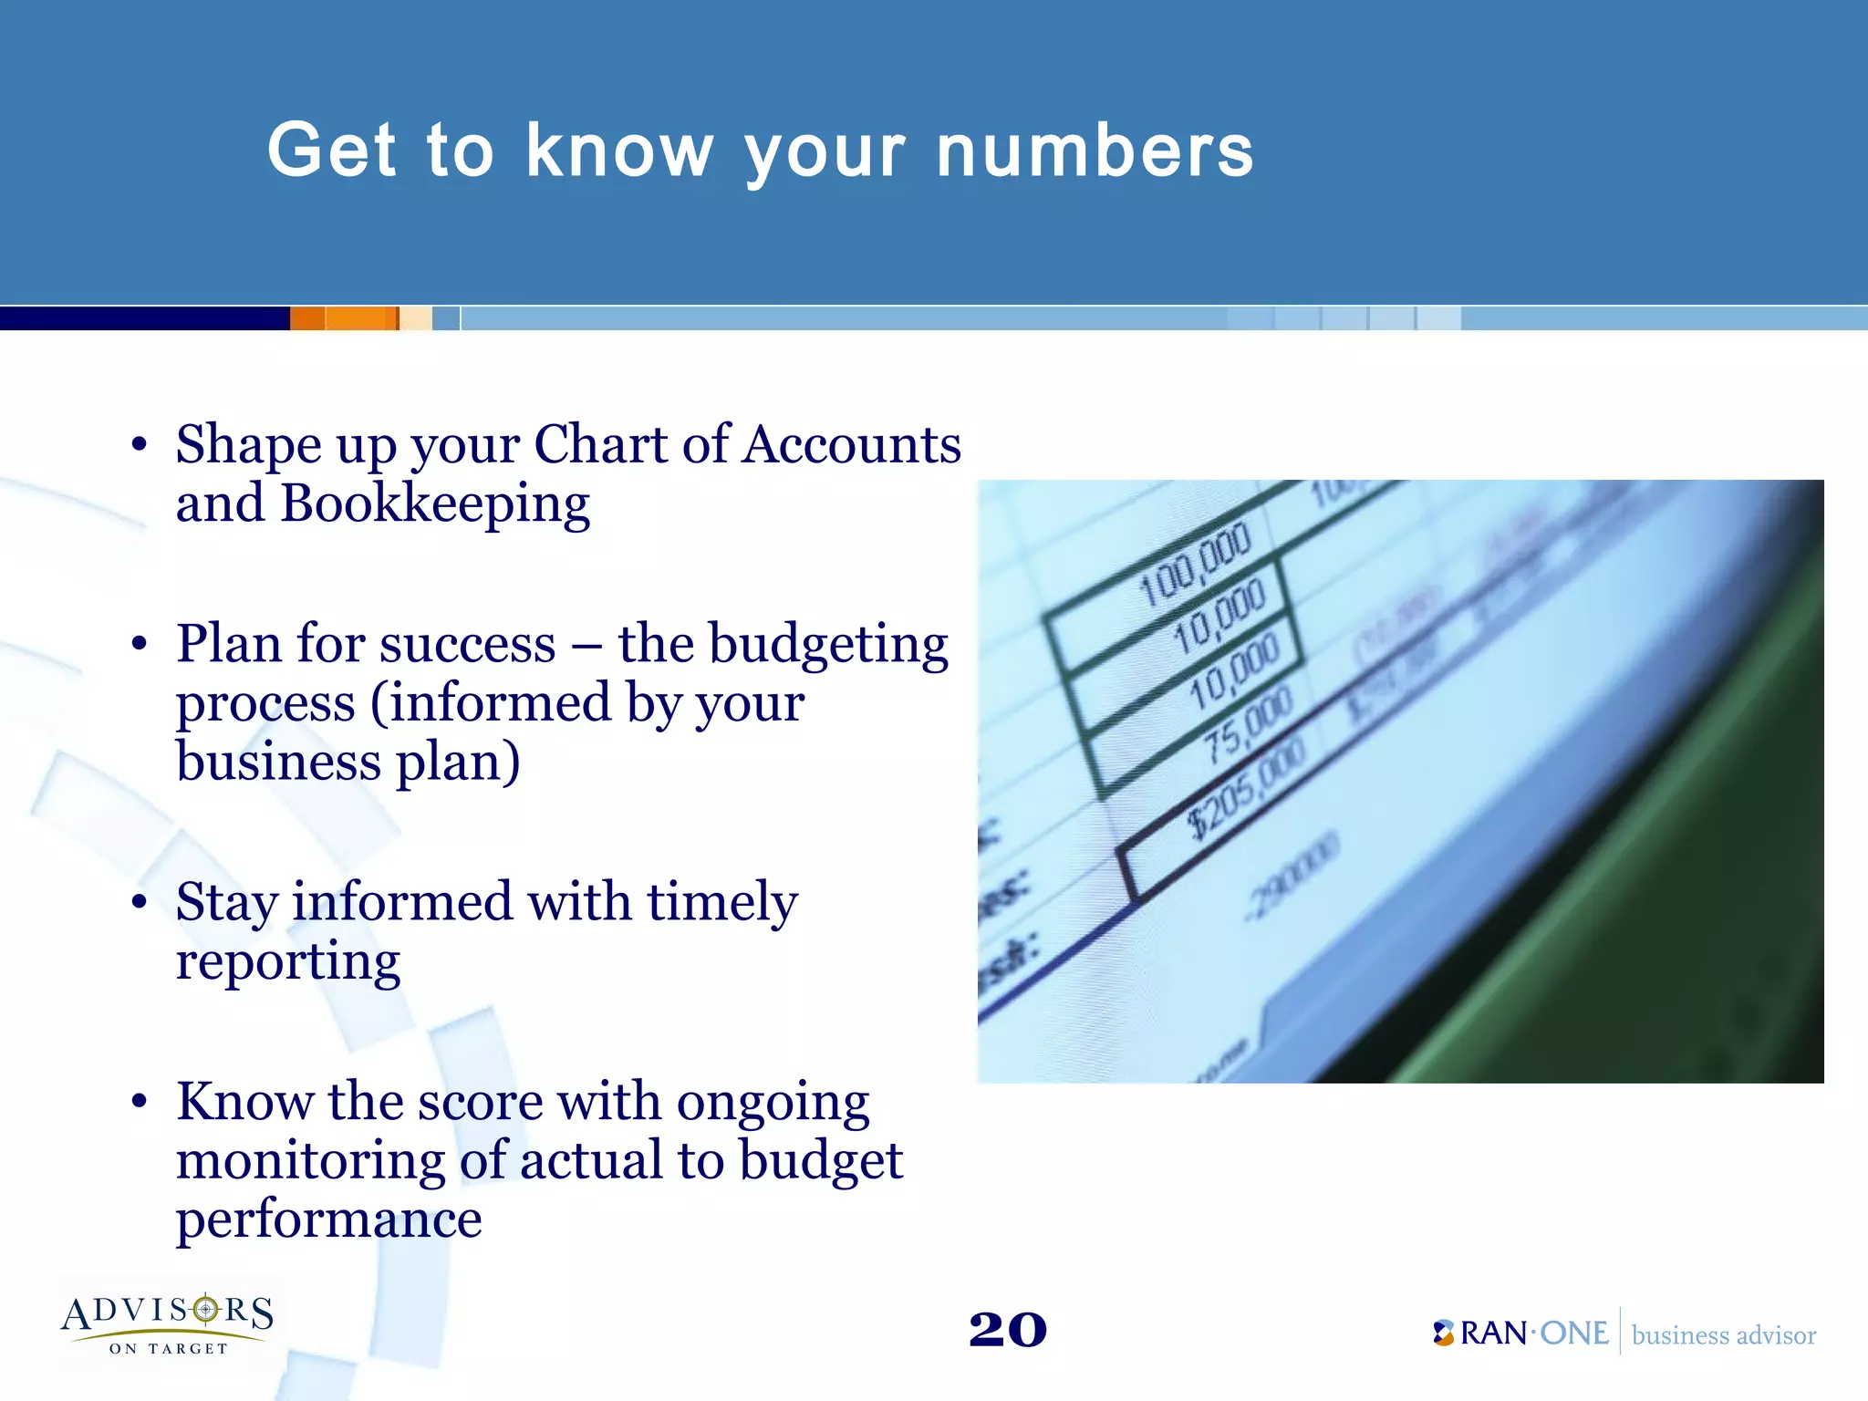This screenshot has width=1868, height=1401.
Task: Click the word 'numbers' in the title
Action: pyautogui.click(x=1095, y=150)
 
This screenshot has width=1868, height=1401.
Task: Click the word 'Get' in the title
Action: pyautogui.click(x=332, y=150)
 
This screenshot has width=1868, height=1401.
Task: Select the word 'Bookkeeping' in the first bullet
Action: pyautogui.click(x=435, y=504)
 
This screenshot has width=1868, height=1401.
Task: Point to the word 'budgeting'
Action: pyautogui.click(x=828, y=646)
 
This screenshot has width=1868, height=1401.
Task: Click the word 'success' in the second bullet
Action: pyautogui.click(x=467, y=645)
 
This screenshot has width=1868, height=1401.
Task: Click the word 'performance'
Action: pyautogui.click(x=328, y=1219)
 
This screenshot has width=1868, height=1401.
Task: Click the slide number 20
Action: pyautogui.click(x=1007, y=1330)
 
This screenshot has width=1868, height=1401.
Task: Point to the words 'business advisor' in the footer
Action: pyautogui.click(x=1723, y=1335)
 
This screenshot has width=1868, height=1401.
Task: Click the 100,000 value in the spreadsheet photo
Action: pyautogui.click(x=1195, y=566)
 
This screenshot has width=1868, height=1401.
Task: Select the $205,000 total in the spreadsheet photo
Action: pyautogui.click(x=1246, y=790)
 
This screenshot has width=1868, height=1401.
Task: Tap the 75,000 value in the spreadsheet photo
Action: pyautogui.click(x=1247, y=725)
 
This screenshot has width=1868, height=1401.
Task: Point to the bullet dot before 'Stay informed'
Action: pyautogui.click(x=139, y=903)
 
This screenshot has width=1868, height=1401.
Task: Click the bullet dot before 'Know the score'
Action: pyautogui.click(x=139, y=1102)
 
